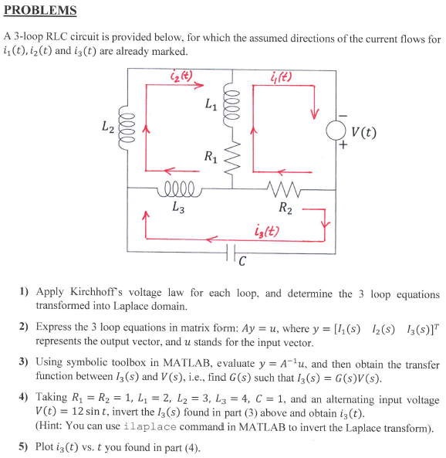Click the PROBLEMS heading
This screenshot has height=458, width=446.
pyautogui.click(x=40, y=10)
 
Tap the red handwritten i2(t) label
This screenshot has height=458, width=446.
pyautogui.click(x=181, y=76)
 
